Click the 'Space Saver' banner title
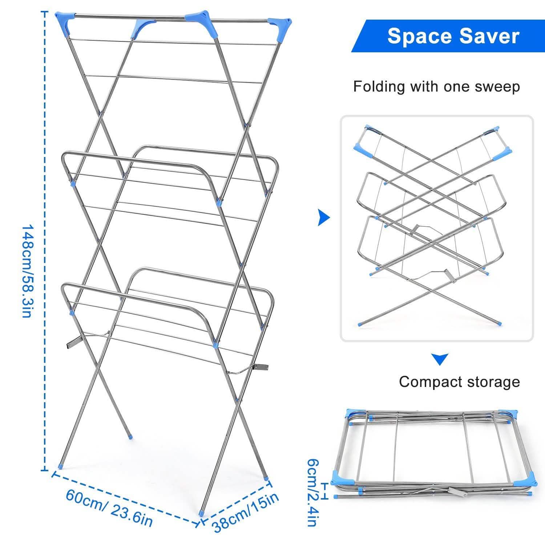tap(453, 36)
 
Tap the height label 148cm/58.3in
tap(28, 271)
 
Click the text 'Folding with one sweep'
tap(436, 87)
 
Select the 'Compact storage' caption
tap(459, 382)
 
